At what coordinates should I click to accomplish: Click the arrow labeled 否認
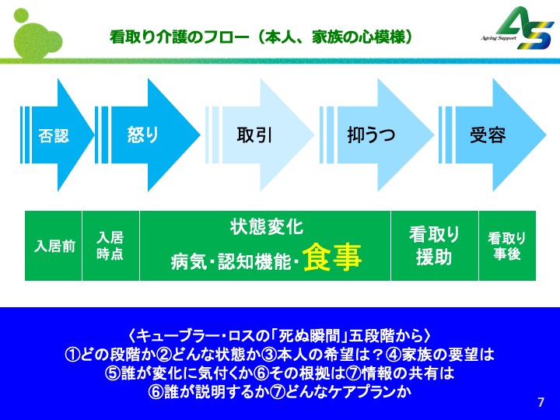(54, 135)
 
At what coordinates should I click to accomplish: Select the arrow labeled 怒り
(144, 135)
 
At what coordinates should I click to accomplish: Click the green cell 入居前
(54, 246)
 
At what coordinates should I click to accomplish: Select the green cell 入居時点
(110, 246)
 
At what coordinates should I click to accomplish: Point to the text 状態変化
(266, 227)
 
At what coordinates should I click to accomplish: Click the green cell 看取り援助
(434, 246)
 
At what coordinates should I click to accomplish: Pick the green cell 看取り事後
(506, 246)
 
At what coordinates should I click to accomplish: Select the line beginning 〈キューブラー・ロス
(279, 336)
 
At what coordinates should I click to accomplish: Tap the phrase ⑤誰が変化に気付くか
(179, 373)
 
